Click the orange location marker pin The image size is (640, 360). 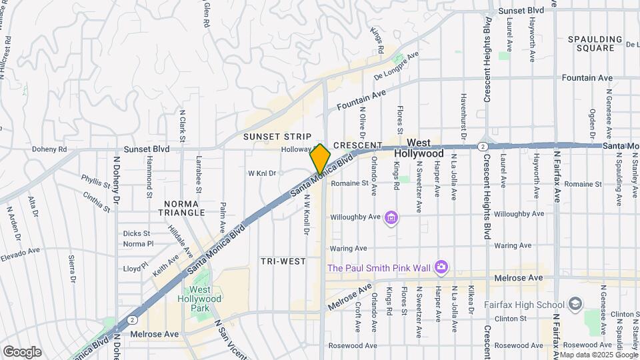click(x=320, y=159)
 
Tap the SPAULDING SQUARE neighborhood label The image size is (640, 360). click(x=591, y=43)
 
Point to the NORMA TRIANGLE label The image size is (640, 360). click(x=181, y=207)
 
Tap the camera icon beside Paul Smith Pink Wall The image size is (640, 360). click(x=441, y=267)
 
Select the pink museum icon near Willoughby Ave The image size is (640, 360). click(x=391, y=217)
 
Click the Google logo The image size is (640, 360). click(x=22, y=351)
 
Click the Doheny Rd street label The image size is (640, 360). click(x=71, y=149)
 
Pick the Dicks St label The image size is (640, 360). click(x=137, y=233)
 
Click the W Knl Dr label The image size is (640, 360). click(x=262, y=173)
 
